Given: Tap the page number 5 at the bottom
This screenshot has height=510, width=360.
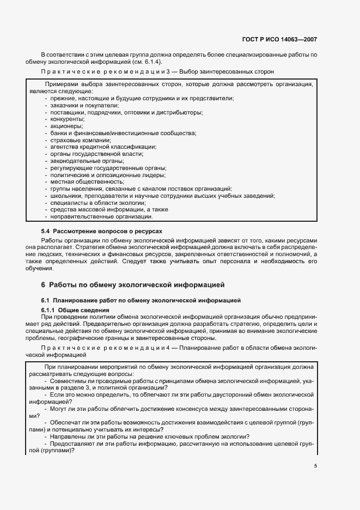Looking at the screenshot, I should [x=315, y=466].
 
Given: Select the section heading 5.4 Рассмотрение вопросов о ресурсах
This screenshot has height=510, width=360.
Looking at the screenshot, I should [x=102, y=232].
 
